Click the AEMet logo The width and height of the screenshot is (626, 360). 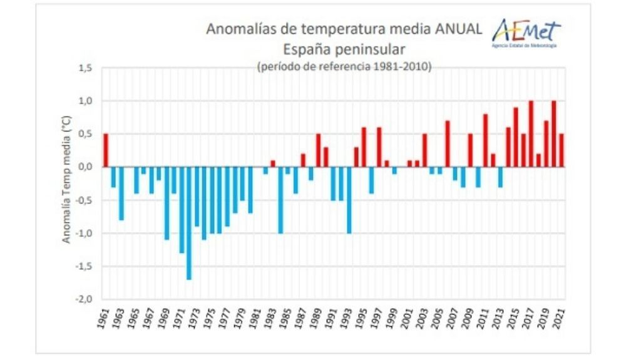pos(526,31)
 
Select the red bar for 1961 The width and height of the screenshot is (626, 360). pos(106,150)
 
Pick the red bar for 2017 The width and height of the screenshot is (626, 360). pos(531,134)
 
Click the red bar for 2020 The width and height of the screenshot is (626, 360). pos(554,134)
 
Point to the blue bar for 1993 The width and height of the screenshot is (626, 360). pos(349,200)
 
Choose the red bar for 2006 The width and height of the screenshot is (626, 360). pos(448,144)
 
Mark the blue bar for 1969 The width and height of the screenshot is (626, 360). pos(167,203)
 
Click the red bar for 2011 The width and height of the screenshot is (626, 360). pos(485,140)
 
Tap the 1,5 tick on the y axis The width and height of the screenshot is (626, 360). pos(85,68)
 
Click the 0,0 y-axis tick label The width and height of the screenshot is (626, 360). pos(85,167)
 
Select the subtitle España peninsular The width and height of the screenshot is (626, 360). pos(344,48)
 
